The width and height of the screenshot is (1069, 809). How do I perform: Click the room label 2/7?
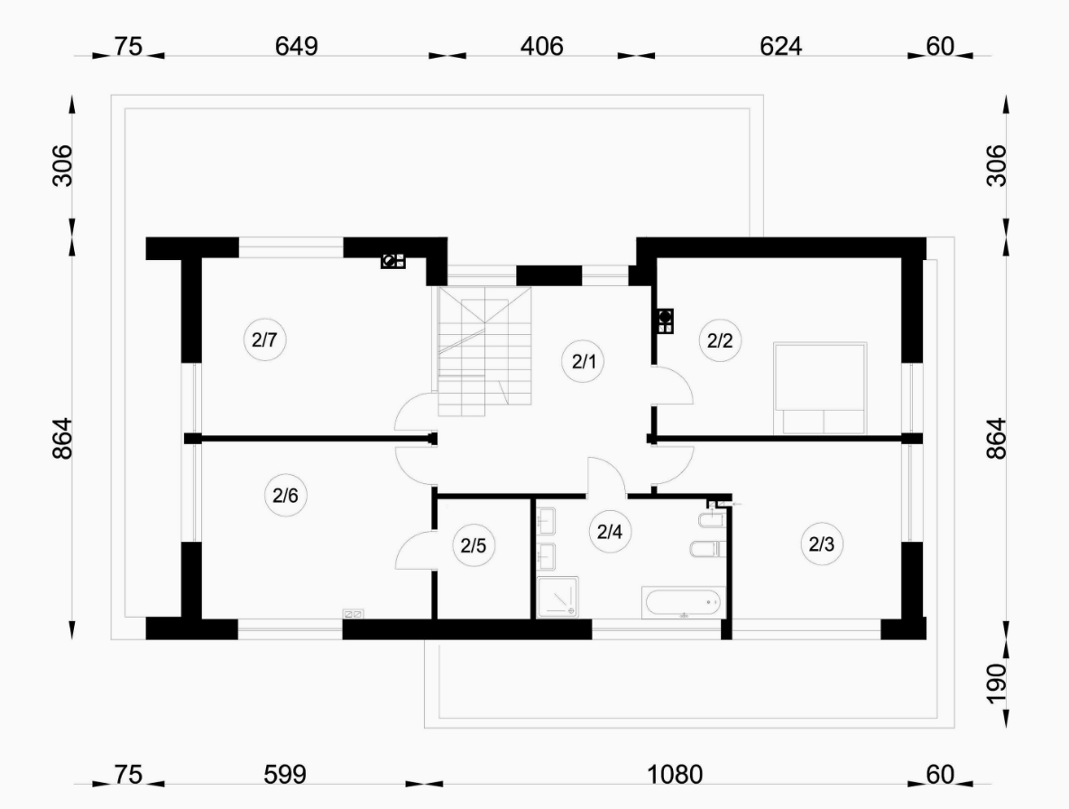point(264,339)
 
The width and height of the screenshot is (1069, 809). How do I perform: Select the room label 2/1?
point(584,361)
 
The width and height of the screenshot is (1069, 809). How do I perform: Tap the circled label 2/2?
point(720,340)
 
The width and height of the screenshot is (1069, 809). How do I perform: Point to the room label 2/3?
point(822,544)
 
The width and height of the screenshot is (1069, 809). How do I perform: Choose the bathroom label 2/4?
point(610,532)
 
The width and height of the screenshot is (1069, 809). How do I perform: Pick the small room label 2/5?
point(473,545)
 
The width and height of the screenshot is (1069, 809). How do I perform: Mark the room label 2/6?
point(285,495)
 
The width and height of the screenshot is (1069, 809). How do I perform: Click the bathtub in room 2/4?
point(682,602)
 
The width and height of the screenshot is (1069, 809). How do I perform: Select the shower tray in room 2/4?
point(558,598)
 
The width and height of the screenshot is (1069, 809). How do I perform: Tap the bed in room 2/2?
point(820,388)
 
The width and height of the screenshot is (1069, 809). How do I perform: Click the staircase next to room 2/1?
point(484,352)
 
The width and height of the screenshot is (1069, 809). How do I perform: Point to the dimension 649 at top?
point(297,46)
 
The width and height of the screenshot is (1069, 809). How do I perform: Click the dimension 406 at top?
point(542,46)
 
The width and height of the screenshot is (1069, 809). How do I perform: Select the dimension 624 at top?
point(780,46)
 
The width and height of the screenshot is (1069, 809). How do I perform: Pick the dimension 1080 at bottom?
point(674,775)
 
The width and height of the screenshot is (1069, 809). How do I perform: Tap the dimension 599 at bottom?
point(285,775)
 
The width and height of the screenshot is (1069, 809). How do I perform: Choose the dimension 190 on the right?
point(996,683)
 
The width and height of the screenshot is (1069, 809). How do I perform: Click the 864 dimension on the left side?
point(62,438)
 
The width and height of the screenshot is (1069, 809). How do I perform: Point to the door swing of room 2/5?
point(413,550)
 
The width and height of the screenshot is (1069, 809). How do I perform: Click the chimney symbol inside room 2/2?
point(665,321)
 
